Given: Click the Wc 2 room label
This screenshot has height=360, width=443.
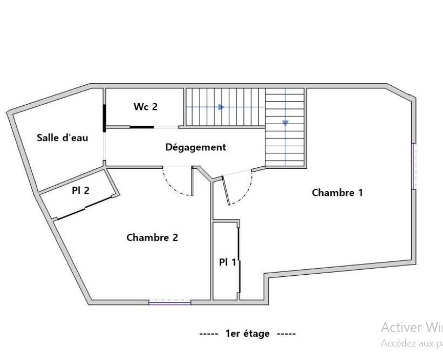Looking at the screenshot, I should tap(146, 107).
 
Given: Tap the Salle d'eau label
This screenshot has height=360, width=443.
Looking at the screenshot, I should tap(63, 138).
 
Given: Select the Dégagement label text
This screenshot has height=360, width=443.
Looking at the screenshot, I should tap(195, 147).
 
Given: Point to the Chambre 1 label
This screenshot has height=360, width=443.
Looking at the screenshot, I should tap(337, 193).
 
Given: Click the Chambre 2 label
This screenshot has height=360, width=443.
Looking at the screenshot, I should tap(152, 237).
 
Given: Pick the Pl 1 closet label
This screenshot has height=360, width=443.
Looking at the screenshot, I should tap(227, 262).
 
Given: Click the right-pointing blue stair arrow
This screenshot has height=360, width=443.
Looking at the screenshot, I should tap(221, 107).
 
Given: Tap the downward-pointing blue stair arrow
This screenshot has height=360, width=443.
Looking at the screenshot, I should tap(285, 123).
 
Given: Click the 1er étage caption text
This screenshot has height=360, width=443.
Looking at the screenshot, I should tap(248, 334).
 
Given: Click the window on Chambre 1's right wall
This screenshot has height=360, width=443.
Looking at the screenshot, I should tap(413, 166).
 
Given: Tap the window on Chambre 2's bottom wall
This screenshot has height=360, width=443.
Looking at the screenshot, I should tap(170, 303).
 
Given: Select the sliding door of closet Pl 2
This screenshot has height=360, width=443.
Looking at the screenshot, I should tap(85, 208).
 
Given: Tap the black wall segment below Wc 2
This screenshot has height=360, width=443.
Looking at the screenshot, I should tap(141, 127).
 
